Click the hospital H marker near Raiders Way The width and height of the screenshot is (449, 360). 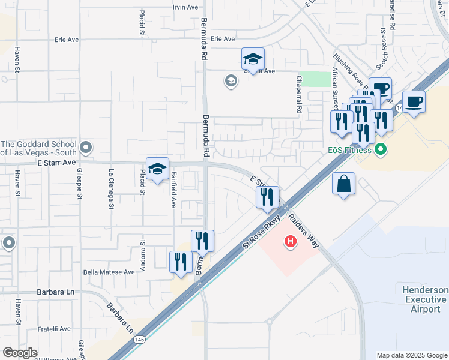tap(291, 242)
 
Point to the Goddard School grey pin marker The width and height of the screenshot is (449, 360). tap(86, 146)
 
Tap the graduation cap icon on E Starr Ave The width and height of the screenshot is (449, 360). tap(157, 169)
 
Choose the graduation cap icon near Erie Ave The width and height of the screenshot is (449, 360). tap(253, 59)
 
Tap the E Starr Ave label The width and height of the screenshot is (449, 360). tap(56, 163)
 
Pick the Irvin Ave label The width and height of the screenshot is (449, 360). tap(185, 7)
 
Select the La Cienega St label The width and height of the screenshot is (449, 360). tap(111, 189)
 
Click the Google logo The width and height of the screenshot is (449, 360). tap(20, 352)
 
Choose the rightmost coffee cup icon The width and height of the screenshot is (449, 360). tap(414, 101)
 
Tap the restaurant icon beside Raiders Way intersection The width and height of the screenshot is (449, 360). tap(267, 197)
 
